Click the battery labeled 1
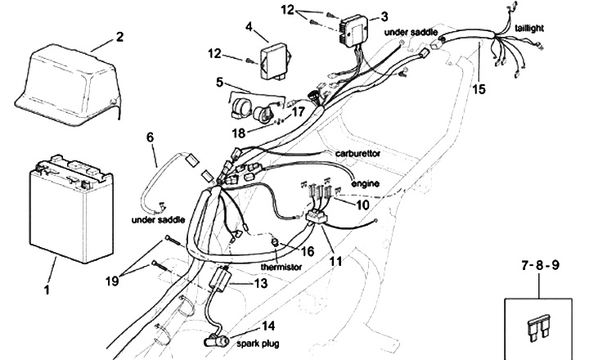point(71,209)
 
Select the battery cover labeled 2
point(68,84)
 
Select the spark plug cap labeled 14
point(216,341)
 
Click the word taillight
point(529,28)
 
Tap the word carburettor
point(357,153)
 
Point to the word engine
point(365,183)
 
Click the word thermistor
point(281,267)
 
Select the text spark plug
point(258,344)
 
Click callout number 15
point(479,89)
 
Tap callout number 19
point(112,281)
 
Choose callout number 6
point(150,137)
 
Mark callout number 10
point(362,205)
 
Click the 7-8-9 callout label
point(540,265)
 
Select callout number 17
point(299,111)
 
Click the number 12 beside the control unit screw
point(215,53)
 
